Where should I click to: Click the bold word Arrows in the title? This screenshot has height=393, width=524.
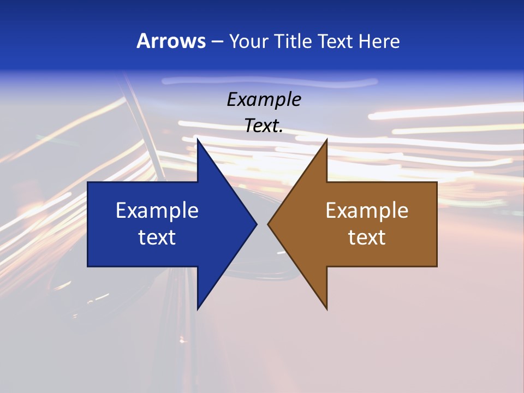pyautogui.click(x=170, y=41)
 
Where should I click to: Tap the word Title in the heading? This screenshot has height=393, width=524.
pyautogui.click(x=294, y=41)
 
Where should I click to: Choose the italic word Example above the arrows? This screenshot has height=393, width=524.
pyautogui.click(x=264, y=100)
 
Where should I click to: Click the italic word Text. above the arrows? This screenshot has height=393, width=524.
pyautogui.click(x=264, y=126)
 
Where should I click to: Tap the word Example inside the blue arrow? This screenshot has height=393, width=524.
pyautogui.click(x=157, y=210)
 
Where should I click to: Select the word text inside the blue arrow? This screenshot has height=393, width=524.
pyautogui.click(x=157, y=237)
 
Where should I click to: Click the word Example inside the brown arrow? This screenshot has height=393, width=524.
pyautogui.click(x=367, y=210)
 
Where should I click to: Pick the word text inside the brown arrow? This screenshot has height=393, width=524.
pyautogui.click(x=367, y=237)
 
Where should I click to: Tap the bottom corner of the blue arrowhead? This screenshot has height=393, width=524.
pyautogui.click(x=198, y=308)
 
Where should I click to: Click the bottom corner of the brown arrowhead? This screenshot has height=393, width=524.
pyautogui.click(x=326, y=308)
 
